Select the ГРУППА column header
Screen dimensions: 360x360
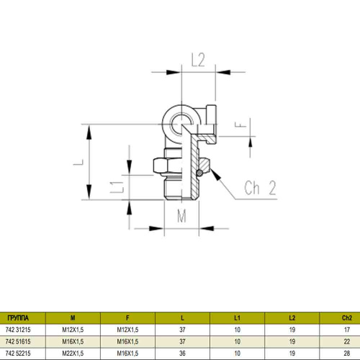pyautogui.click(x=17, y=318)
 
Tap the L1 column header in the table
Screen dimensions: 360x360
pyautogui.click(x=237, y=318)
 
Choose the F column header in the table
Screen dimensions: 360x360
pyautogui.click(x=128, y=318)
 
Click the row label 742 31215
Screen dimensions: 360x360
pyautogui.click(x=18, y=329)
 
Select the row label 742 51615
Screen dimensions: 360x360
pyautogui.click(x=18, y=341)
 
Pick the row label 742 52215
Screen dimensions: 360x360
pyautogui.click(x=18, y=353)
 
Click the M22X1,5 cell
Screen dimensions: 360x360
pyautogui.click(x=72, y=353)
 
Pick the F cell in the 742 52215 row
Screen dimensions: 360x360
pyautogui.click(x=128, y=353)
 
